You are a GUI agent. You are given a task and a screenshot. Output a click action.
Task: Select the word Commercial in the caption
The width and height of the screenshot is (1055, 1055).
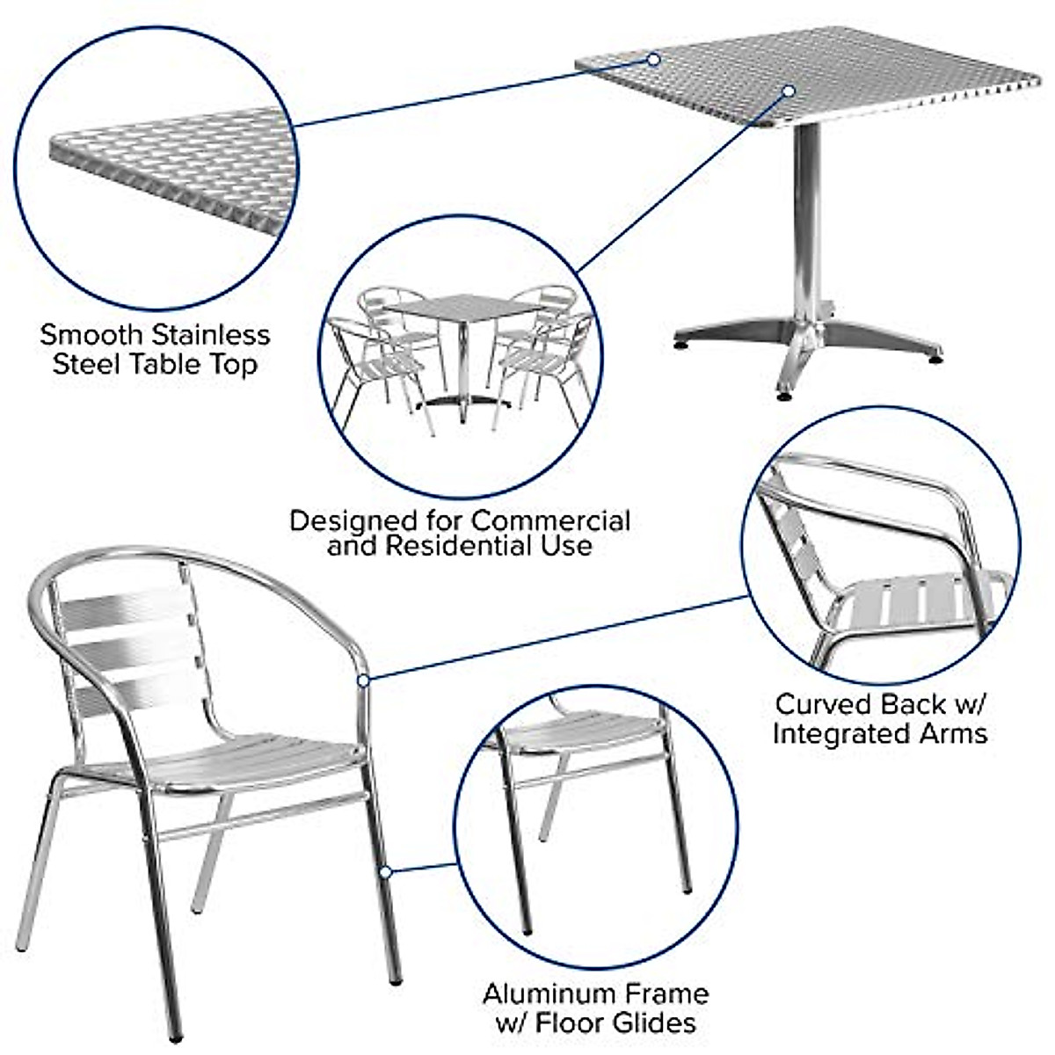(552, 520)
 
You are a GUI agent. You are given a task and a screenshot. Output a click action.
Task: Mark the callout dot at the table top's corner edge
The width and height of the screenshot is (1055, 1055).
(653, 60)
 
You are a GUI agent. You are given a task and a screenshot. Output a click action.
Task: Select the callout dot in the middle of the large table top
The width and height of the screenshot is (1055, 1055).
(789, 91)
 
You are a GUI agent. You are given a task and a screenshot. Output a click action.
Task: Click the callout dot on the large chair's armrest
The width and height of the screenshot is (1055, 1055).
(363, 680)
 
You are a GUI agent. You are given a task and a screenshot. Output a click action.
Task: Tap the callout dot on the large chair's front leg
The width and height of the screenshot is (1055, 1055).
(384, 871)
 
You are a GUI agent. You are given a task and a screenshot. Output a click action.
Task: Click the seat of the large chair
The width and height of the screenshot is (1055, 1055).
(264, 758)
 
